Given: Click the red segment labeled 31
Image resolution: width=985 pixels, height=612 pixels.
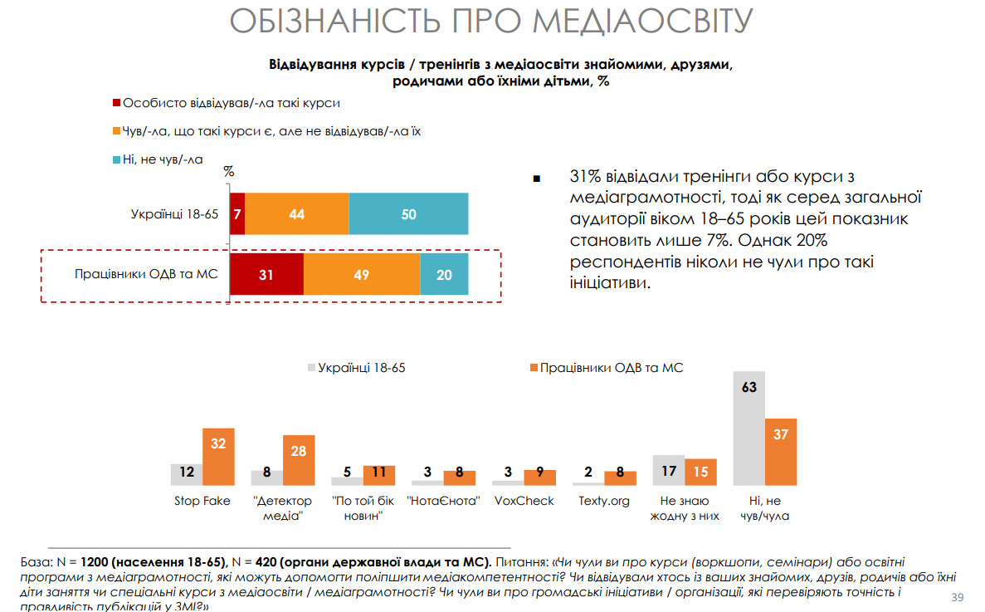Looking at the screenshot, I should click(266, 274).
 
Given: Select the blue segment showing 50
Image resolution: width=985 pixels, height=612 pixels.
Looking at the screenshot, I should click(408, 214).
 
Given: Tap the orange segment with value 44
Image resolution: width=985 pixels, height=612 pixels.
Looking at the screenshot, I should click(297, 214).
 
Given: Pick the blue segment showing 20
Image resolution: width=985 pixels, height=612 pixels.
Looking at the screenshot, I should click(444, 274).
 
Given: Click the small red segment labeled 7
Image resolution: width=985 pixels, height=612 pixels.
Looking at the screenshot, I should click(237, 214).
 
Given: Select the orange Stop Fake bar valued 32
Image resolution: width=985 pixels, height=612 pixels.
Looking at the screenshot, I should click(219, 456).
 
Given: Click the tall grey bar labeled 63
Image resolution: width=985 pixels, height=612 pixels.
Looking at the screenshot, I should click(749, 428).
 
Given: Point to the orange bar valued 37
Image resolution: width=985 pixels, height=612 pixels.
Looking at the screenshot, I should click(781, 452).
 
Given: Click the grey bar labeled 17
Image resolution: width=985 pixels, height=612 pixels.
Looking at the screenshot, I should click(669, 470).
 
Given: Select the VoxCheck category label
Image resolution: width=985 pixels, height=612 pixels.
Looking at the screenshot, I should click(524, 501).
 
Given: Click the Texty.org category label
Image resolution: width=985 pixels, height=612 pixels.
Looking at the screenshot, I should click(604, 501).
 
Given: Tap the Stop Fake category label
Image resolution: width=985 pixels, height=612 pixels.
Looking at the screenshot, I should click(202, 501).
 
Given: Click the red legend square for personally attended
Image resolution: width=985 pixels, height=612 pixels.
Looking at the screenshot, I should click(117, 104).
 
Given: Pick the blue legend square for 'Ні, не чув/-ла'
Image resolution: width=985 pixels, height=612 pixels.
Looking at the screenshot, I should click(117, 159).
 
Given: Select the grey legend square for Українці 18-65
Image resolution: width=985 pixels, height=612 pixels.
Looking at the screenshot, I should click(312, 367).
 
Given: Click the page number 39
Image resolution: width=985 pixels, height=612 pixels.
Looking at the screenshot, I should click(957, 598).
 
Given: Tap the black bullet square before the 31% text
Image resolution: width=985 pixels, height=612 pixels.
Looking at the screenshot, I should click(537, 179).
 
